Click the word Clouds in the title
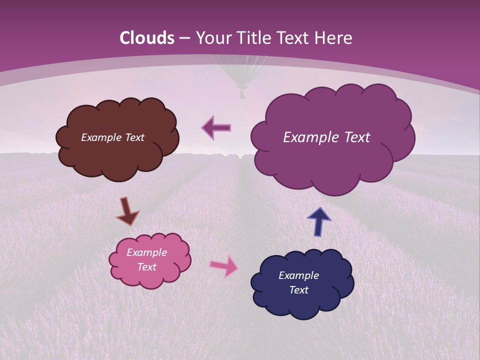147,38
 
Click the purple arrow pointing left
216,127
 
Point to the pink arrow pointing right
224,265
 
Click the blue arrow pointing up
319,221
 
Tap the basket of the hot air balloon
242,93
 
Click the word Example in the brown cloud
101,137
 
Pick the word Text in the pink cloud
147,267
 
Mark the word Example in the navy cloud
298,275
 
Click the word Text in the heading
294,38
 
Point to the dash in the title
184,38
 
